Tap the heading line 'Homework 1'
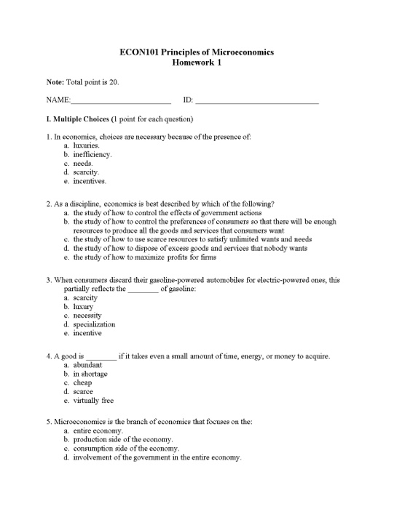[197, 63]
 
